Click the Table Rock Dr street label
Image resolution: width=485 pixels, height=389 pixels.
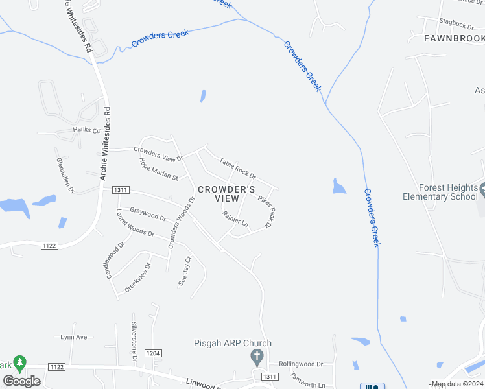click(237, 169)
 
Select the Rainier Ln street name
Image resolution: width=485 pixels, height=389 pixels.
click(235, 220)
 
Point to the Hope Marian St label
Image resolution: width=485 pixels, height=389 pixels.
click(159, 168)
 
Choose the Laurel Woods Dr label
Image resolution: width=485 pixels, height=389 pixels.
click(135, 224)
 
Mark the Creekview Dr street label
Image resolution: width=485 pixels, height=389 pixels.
click(137, 277)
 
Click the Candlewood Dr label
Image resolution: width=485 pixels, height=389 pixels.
click(114, 259)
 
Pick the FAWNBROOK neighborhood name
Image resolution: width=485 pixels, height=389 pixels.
click(453, 39)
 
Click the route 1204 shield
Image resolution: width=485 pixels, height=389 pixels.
click(153, 353)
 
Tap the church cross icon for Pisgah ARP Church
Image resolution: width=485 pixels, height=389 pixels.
click(257, 356)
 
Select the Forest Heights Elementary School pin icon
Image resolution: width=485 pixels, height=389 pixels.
click(483, 192)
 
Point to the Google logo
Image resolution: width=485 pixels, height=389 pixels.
click(21, 381)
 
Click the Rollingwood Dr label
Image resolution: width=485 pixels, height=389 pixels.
click(301, 364)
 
